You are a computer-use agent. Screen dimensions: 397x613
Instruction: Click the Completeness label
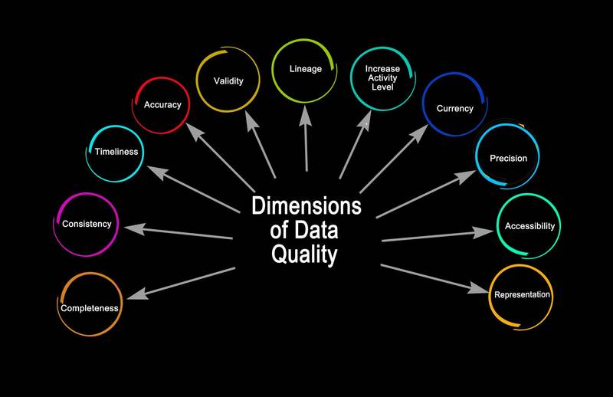point(90,308)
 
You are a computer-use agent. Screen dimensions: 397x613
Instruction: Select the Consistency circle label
point(87,224)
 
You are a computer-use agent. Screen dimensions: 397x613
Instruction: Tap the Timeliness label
point(116,152)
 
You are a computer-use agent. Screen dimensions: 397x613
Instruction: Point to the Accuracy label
point(162,104)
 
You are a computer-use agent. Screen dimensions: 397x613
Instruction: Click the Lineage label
point(305,69)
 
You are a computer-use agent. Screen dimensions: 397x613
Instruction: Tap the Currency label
point(455,108)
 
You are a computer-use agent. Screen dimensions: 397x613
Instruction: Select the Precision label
point(508,159)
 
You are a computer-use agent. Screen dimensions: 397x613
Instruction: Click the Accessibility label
point(528,226)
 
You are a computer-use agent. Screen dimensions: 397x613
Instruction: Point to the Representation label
point(522,294)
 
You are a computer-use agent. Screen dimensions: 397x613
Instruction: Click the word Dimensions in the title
point(306,205)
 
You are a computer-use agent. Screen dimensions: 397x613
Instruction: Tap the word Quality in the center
point(304,254)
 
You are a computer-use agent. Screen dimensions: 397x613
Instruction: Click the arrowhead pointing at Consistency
point(135,228)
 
